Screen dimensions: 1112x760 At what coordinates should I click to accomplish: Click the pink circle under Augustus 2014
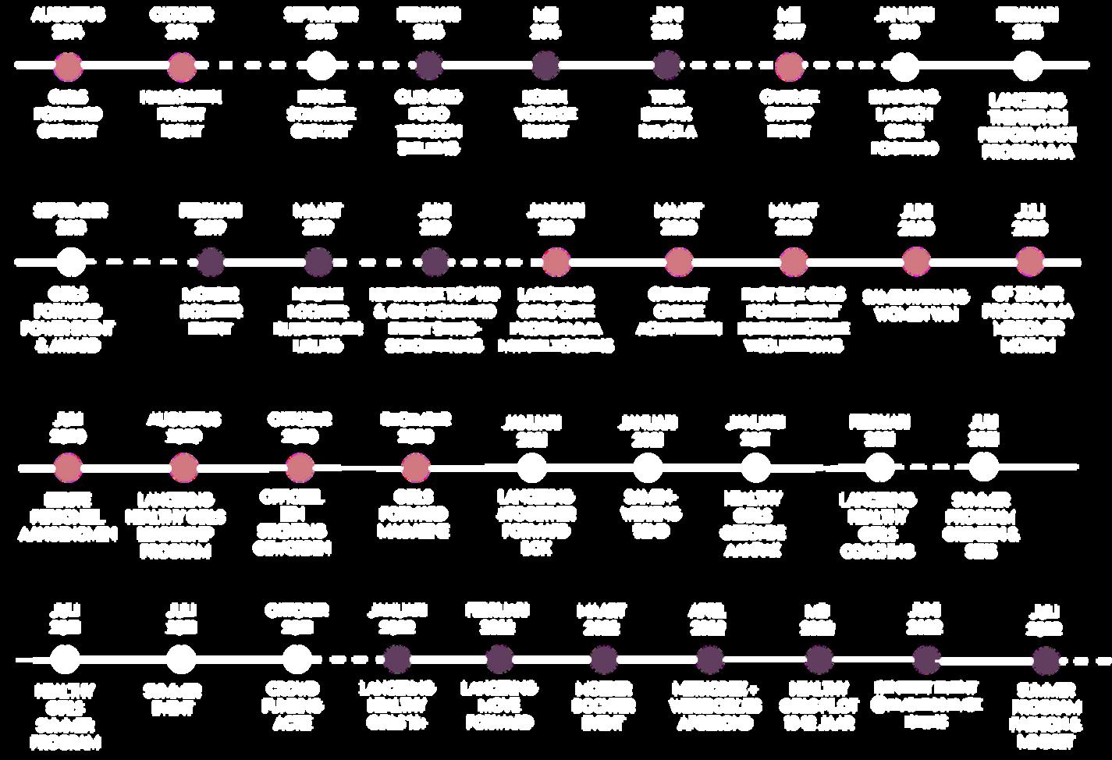pos(69,66)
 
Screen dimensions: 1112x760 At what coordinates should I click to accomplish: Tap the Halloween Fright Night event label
pos(181,114)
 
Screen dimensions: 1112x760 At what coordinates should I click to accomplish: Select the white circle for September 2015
pos(321,66)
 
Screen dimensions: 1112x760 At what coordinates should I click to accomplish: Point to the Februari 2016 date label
pos(428,23)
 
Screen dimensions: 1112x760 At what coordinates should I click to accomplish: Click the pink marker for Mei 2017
pos(790,66)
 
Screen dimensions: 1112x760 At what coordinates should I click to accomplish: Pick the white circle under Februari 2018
pos(1028,66)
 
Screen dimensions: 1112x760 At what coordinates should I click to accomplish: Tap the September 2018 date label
pos(71,219)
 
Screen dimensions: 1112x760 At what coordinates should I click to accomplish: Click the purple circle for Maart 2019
pos(318,262)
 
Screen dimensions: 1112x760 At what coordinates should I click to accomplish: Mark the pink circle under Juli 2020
pos(1030,262)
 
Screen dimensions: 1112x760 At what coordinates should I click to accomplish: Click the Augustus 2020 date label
pos(183,427)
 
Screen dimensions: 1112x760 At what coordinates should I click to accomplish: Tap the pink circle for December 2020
pos(416,468)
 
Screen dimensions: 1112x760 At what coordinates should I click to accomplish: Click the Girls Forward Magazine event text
pos(414,514)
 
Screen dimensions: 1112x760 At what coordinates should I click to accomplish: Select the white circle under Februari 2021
pos(879,468)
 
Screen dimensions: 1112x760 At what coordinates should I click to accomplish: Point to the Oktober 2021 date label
pos(297,618)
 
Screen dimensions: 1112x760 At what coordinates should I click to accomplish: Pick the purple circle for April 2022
pos(709,659)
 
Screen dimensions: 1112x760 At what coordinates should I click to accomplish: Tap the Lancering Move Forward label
pos(499,706)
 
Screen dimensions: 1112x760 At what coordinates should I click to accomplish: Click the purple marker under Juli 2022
pos(1044,661)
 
